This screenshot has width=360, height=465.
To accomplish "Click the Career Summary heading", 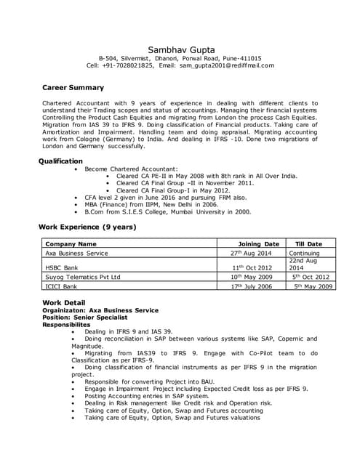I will point(73,88).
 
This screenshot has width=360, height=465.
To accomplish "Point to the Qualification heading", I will point(60,161).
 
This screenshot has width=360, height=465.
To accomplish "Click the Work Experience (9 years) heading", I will point(87,227).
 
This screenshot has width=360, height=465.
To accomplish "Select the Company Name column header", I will point(71,244).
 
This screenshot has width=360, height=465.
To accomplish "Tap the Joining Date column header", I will point(259,244).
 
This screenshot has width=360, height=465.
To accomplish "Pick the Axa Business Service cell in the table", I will point(76,254).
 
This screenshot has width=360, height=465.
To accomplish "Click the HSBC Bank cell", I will point(61,267).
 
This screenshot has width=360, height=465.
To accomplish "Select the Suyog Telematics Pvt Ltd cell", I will point(82,277).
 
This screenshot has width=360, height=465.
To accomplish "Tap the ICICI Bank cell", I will point(61,286).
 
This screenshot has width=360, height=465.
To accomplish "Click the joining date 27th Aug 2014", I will point(250,254).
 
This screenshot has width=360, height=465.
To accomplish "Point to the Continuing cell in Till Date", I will point(304,254).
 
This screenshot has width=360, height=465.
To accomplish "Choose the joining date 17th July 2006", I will point(249,286).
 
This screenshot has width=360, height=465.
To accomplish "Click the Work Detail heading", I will point(64,302).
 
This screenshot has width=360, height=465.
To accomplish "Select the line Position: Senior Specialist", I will point(84,318).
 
